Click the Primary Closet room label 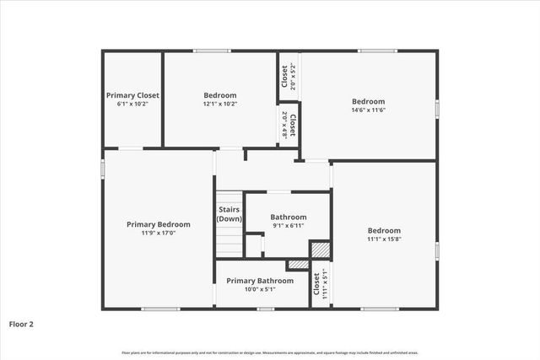point(132,95)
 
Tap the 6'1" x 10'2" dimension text point(132,105)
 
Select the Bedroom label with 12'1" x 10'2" point(220,95)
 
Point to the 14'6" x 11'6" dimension point(368,110)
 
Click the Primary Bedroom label point(158,224)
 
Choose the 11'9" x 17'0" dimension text point(158,234)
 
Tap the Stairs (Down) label point(229,214)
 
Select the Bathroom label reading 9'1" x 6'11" point(288,217)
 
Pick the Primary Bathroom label point(260,280)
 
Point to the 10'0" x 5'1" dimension point(260,289)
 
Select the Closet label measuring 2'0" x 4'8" point(289,125)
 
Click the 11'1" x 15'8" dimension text point(384,239)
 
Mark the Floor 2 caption point(22,324)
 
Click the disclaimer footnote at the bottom point(270,352)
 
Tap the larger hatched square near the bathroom point(319,250)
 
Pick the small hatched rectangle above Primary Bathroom point(298,265)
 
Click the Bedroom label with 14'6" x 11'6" point(368,101)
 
